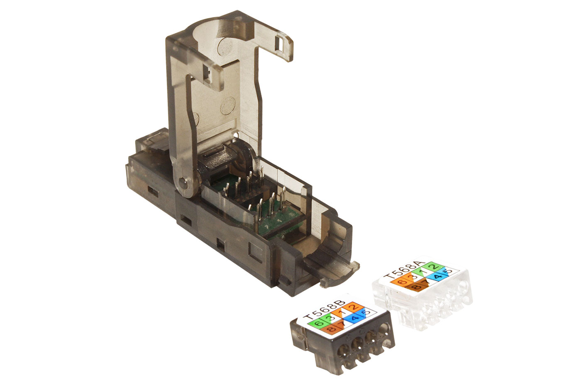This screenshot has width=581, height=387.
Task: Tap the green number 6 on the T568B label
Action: (x=319, y=323)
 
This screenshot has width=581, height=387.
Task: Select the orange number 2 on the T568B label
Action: (x=353, y=307)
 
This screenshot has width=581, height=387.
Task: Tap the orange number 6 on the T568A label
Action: (x=401, y=282)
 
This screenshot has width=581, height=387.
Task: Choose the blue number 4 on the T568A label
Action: (x=439, y=277)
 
